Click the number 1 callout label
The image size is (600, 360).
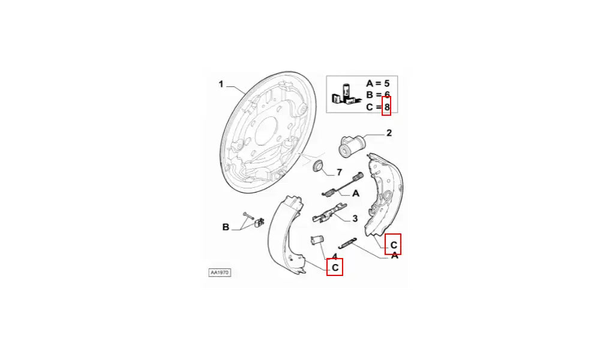[221, 84]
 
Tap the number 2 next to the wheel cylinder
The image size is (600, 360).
[389, 133]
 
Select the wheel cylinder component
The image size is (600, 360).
[352, 146]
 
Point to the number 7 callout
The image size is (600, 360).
[339, 173]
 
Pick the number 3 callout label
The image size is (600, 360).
[355, 218]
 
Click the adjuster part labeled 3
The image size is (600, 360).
[329, 214]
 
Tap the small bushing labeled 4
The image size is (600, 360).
[317, 241]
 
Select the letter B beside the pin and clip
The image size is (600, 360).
[226, 227]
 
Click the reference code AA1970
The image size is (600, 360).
[220, 272]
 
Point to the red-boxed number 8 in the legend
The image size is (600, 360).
[387, 107]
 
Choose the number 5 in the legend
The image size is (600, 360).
[386, 83]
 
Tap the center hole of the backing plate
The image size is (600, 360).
[266, 131]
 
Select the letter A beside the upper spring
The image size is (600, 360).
[355, 194]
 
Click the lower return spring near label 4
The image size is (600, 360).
[347, 243]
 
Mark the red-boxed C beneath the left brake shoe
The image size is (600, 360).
[335, 268]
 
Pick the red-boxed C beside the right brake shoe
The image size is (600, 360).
[394, 245]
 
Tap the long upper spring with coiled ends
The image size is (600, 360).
[342, 184]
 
